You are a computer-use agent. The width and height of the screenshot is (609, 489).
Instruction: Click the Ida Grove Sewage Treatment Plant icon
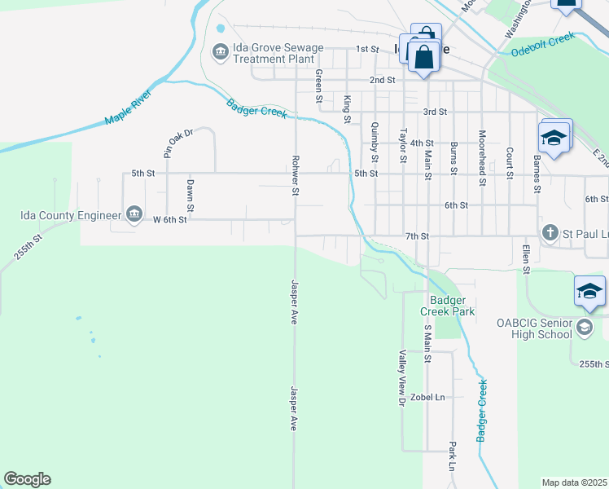click(220, 53)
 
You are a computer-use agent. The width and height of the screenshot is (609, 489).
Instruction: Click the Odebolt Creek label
click(543, 44)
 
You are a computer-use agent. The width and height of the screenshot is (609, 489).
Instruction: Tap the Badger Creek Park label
click(447, 305)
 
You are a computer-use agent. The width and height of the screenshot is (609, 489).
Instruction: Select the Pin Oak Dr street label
click(178, 143)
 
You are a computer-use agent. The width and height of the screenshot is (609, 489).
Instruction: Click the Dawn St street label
click(190, 196)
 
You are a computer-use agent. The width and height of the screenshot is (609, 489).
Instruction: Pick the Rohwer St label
click(296, 175)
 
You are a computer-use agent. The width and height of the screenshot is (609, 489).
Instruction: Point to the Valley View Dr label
click(401, 378)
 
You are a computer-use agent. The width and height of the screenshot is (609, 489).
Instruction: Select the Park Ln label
click(451, 457)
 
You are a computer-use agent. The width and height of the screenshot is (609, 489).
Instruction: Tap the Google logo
click(27, 479)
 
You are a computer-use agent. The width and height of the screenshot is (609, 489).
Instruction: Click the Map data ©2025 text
click(575, 482)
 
